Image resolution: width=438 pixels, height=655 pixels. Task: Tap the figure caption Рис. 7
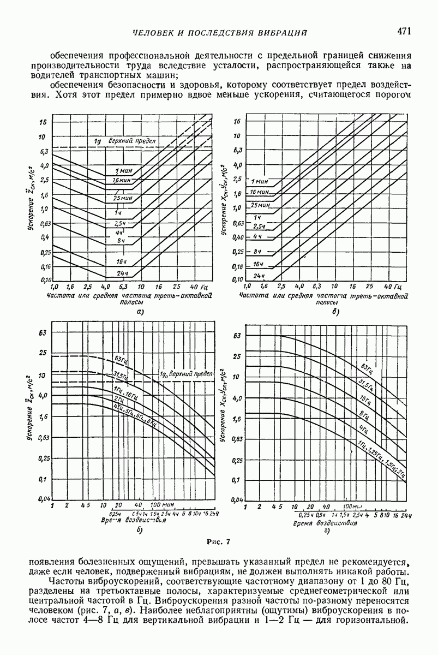[x=219, y=541]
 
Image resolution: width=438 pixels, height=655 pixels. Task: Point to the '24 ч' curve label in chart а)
[x=121, y=272]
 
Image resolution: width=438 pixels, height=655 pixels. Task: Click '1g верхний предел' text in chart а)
[x=125, y=141]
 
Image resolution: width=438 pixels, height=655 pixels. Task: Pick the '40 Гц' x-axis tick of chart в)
[x=392, y=286]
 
